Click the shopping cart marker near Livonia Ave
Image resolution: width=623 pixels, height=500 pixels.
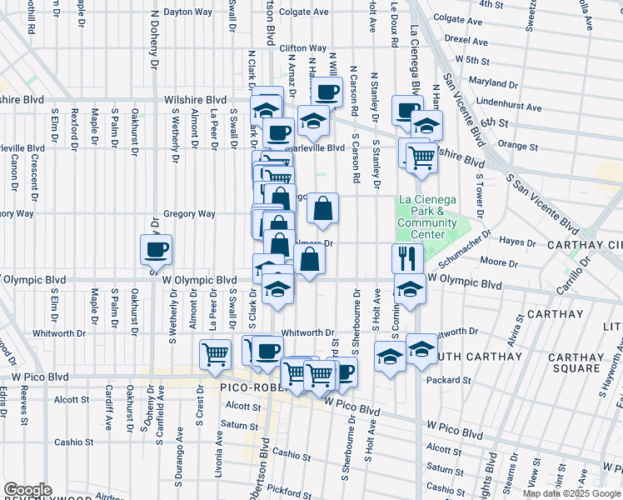click(x=216, y=353)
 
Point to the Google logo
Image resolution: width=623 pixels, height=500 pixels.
click(x=27, y=489)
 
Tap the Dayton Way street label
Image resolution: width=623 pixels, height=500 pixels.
click(x=187, y=12)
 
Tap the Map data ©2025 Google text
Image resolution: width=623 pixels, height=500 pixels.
click(x=571, y=493)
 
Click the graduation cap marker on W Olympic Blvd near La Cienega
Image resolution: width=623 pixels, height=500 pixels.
click(x=410, y=288)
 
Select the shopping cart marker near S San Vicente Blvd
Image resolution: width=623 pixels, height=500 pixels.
click(x=422, y=155)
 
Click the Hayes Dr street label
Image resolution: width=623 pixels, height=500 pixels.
click(x=522, y=241)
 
